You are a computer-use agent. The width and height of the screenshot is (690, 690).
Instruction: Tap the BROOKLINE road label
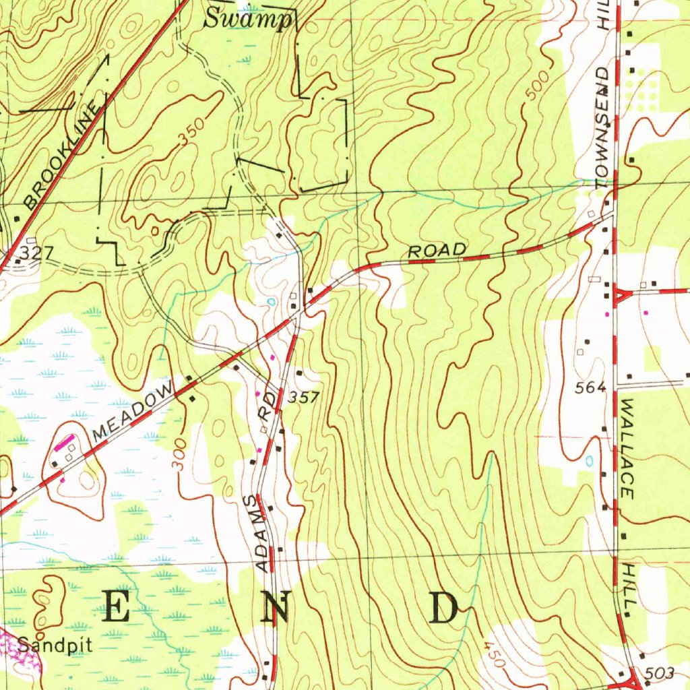[x=66, y=154]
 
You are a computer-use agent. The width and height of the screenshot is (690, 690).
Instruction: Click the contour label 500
[x=538, y=87]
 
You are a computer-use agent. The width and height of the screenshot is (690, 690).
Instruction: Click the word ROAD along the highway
[x=437, y=251]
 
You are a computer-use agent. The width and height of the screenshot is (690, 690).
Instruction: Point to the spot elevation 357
[x=303, y=398]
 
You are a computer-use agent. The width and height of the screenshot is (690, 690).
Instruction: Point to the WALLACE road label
[x=627, y=448]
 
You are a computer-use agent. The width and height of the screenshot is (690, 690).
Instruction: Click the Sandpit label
[x=55, y=645]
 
